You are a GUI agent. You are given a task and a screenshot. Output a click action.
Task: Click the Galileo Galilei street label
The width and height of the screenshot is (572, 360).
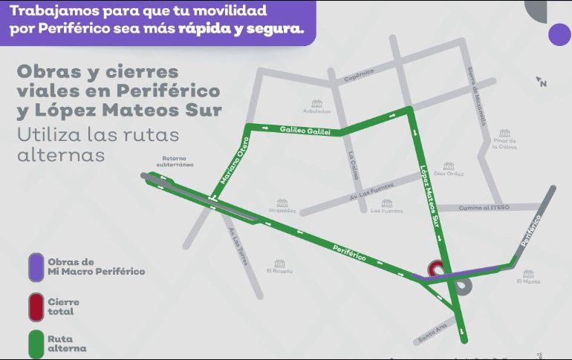pos(304,130)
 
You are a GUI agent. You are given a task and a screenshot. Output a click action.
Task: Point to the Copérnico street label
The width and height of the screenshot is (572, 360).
pos(358,73)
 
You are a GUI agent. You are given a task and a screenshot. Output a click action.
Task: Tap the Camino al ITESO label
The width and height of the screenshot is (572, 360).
pos(484,207)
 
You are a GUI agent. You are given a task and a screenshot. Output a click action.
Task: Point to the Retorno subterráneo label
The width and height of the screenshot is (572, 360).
pos(177,161)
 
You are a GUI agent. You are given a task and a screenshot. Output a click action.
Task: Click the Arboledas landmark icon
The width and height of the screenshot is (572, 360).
pos(317,103)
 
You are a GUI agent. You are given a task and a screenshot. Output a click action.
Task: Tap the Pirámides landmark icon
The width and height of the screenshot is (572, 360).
pos(282,202)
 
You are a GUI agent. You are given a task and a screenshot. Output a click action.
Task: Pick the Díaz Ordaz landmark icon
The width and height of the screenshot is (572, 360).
pos(448,166)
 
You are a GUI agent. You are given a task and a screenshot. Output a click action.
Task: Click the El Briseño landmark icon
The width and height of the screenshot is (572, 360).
pos(279,263)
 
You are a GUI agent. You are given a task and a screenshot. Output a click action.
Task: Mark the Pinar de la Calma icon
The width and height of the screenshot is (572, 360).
pos(505,134)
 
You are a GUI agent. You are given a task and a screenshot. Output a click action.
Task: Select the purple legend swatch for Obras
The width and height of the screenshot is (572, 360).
pos(34,266)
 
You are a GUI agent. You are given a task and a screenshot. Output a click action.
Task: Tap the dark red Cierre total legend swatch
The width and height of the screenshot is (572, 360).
pos(34,306)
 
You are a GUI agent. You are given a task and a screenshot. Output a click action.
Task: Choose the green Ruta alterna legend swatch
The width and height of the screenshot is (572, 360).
pos(34,343)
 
